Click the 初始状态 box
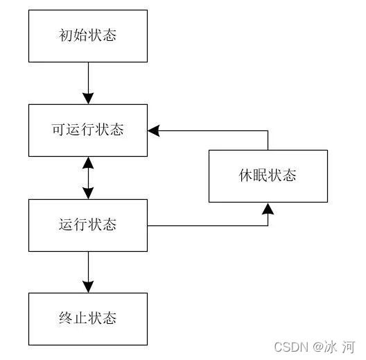88,35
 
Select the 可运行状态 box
88,130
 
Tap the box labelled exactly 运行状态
88,225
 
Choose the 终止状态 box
88,318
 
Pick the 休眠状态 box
268,175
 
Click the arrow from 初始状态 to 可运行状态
88,83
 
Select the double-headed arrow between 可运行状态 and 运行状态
88,178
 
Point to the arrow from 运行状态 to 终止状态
88,271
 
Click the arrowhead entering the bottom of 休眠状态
268,209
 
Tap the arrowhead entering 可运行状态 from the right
154,130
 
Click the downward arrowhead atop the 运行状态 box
88,194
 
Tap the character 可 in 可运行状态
59,130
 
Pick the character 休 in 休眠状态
245,175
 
